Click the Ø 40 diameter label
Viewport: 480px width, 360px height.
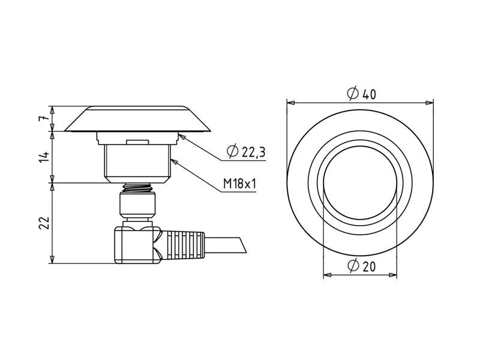pyautogui.click(x=361, y=94)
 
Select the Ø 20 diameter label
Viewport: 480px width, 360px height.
pyautogui.click(x=361, y=266)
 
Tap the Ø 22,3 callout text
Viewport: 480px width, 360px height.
pyautogui.click(x=246, y=151)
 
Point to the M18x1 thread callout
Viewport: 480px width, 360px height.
pyautogui.click(x=239, y=184)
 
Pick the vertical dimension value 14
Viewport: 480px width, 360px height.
pyautogui.click(x=44, y=157)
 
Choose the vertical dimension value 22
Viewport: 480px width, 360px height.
pyautogui.click(x=44, y=223)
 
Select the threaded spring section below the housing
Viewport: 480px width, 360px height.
pyautogui.click(x=137, y=188)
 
